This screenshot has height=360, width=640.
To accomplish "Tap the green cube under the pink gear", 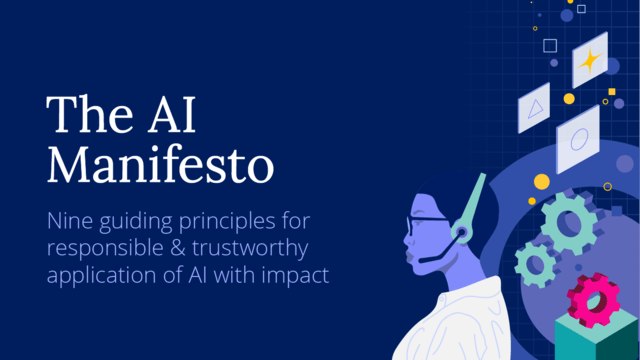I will pyautogui.click(x=600, y=340).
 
